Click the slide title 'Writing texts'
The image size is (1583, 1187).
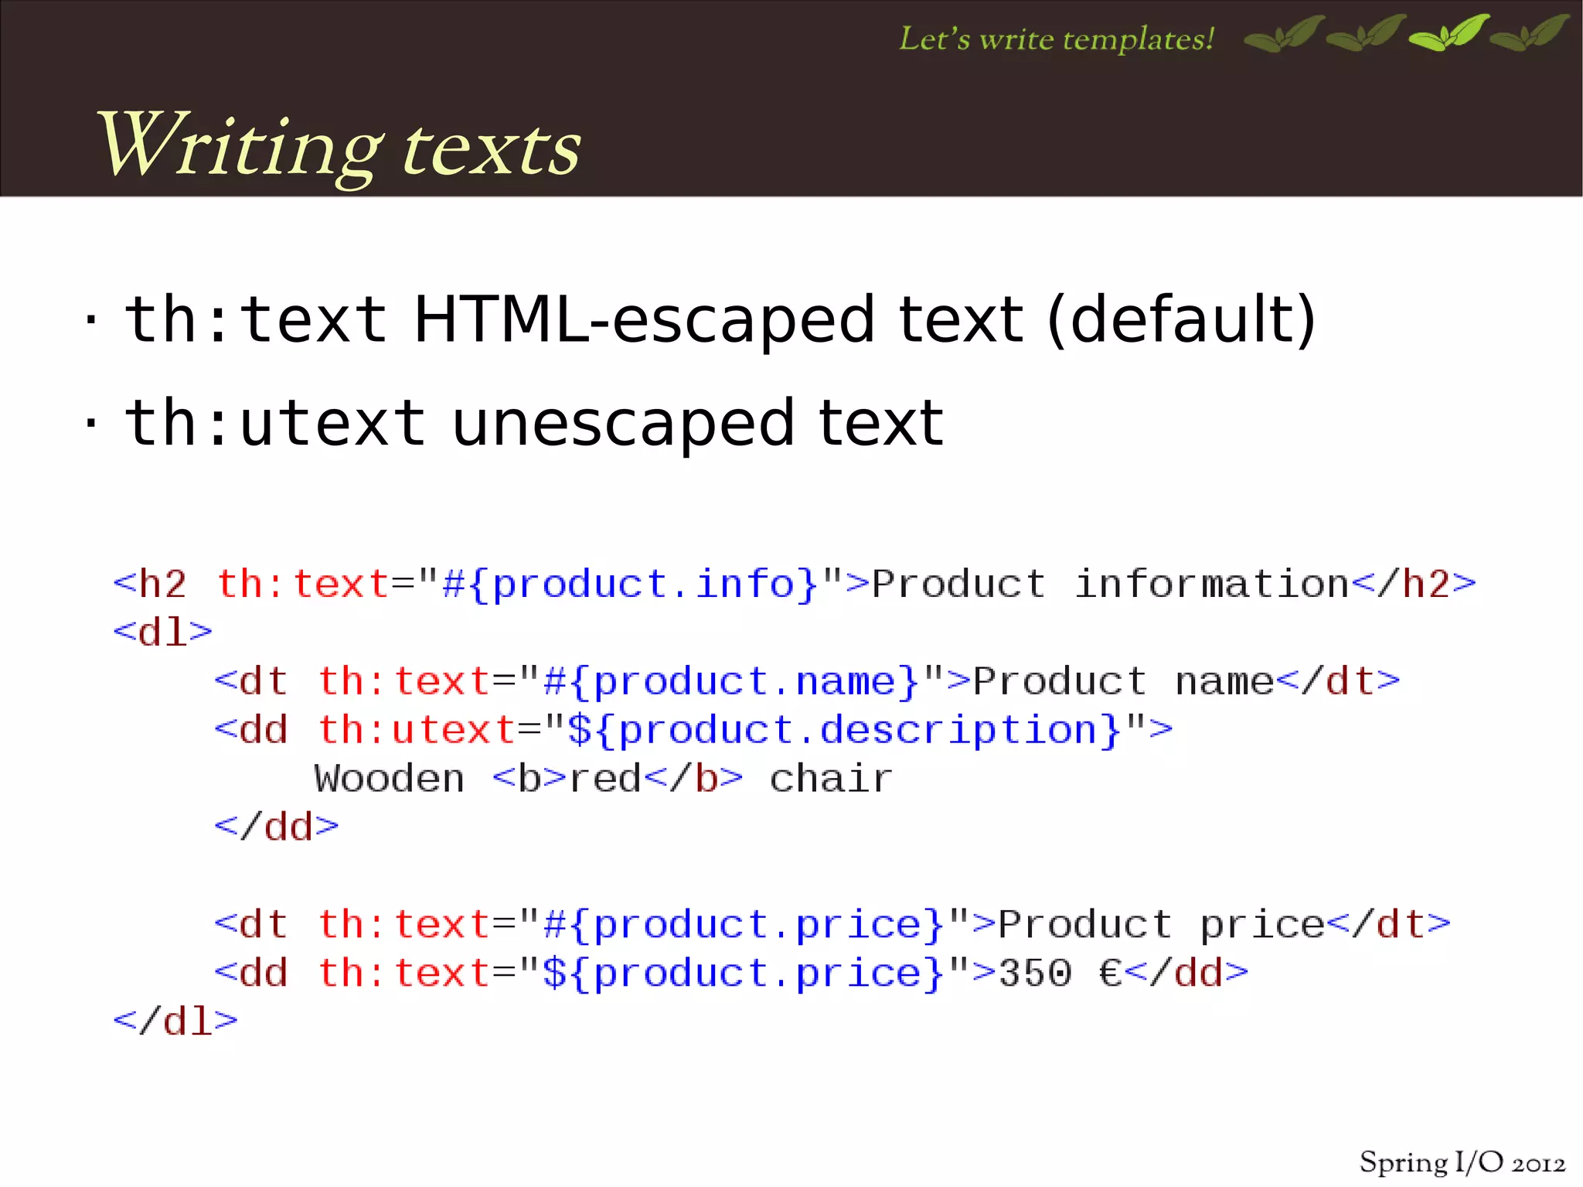[x=338, y=147]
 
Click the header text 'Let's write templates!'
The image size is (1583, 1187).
[x=1057, y=39]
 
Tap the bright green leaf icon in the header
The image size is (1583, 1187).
[x=1449, y=34]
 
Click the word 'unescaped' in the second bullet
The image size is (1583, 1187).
[x=622, y=424]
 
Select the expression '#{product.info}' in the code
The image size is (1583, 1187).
[x=630, y=584]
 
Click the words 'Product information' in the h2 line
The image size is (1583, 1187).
[x=1110, y=584]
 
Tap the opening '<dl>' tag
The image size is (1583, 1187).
[x=162, y=633]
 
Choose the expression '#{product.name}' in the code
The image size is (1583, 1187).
[x=731, y=681]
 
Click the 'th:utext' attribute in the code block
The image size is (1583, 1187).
[x=417, y=730]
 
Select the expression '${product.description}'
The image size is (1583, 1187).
[x=844, y=730]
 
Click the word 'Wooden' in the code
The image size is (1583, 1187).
[x=389, y=779]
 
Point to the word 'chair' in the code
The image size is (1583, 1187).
[x=831, y=779]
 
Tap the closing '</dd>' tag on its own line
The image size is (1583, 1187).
[x=276, y=827]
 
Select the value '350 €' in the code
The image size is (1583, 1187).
[x=1060, y=974]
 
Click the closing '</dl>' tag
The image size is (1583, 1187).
[x=175, y=1022]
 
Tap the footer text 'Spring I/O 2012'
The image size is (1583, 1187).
[x=1462, y=1163]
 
